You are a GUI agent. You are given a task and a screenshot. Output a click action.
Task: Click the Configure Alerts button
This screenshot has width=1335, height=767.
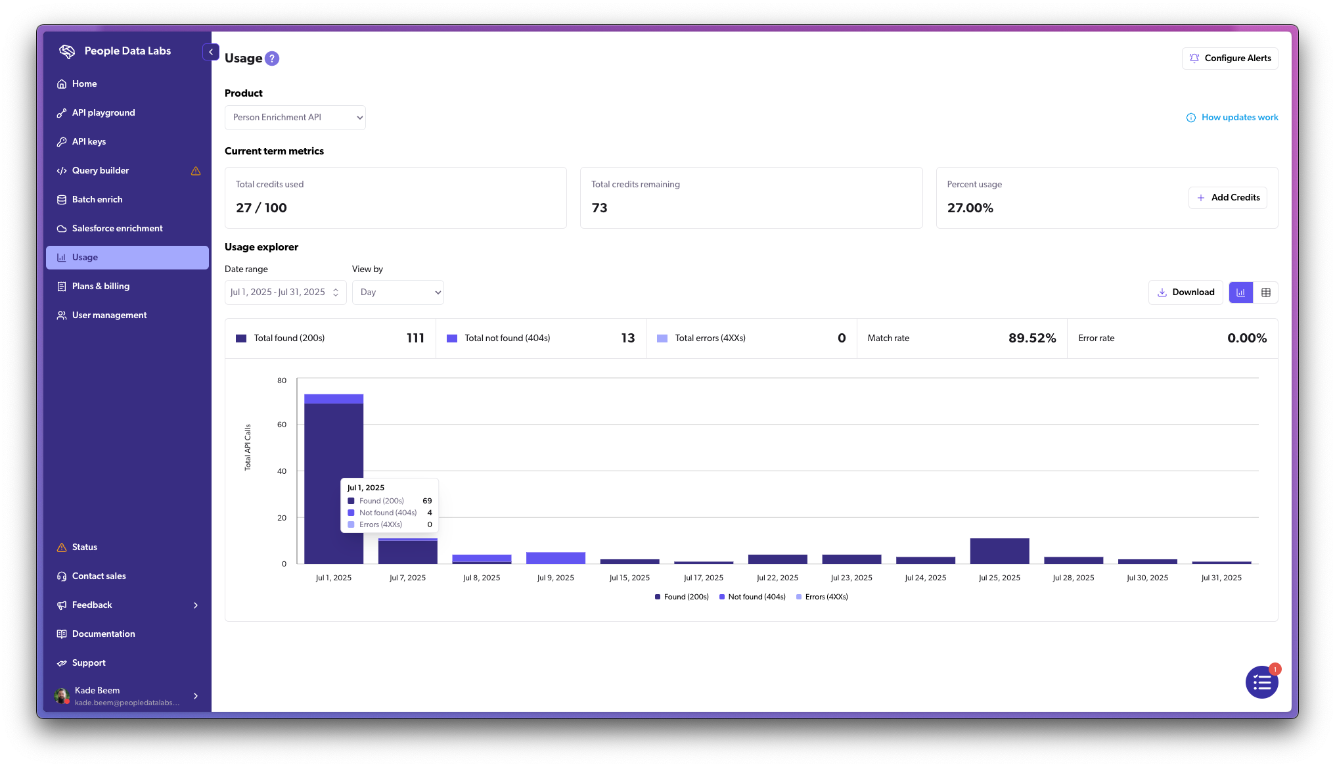1229,58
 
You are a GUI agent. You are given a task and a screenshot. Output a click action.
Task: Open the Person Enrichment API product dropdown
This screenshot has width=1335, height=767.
295,118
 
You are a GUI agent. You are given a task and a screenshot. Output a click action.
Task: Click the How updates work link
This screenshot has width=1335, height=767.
1232,118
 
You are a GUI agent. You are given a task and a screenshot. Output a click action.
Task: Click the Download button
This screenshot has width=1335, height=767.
1185,292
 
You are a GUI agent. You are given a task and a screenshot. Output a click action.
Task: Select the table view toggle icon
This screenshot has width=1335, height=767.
1265,292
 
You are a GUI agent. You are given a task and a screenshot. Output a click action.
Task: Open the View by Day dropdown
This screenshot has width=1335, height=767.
397,292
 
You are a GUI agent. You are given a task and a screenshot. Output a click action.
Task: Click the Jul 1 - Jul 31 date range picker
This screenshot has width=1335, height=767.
284,292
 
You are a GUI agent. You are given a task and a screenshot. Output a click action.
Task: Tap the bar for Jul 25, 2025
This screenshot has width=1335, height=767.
999,551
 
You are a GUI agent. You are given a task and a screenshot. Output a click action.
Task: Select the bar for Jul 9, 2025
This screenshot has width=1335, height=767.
555,558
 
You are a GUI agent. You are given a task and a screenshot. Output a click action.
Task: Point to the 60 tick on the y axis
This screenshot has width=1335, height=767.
282,425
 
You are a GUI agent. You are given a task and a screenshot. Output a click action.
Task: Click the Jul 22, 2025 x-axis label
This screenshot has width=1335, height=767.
777,578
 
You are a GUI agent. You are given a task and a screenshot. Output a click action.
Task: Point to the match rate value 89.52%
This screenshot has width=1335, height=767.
1031,338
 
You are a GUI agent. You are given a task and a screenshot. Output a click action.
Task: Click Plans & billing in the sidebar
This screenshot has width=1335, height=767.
101,287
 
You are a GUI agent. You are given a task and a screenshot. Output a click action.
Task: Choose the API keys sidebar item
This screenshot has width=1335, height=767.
89,142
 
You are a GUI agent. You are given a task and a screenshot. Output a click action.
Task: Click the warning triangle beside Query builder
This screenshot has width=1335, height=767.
196,171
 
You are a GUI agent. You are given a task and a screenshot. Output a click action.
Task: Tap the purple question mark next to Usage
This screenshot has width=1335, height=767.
272,58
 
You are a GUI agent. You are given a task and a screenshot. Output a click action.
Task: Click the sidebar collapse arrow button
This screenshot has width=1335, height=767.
211,52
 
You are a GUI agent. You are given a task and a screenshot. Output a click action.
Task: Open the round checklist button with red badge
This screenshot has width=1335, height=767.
1261,683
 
